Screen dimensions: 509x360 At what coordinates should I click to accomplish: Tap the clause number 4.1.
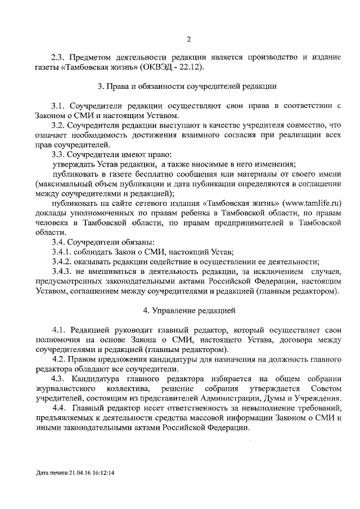pyautogui.click(x=60, y=330)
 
